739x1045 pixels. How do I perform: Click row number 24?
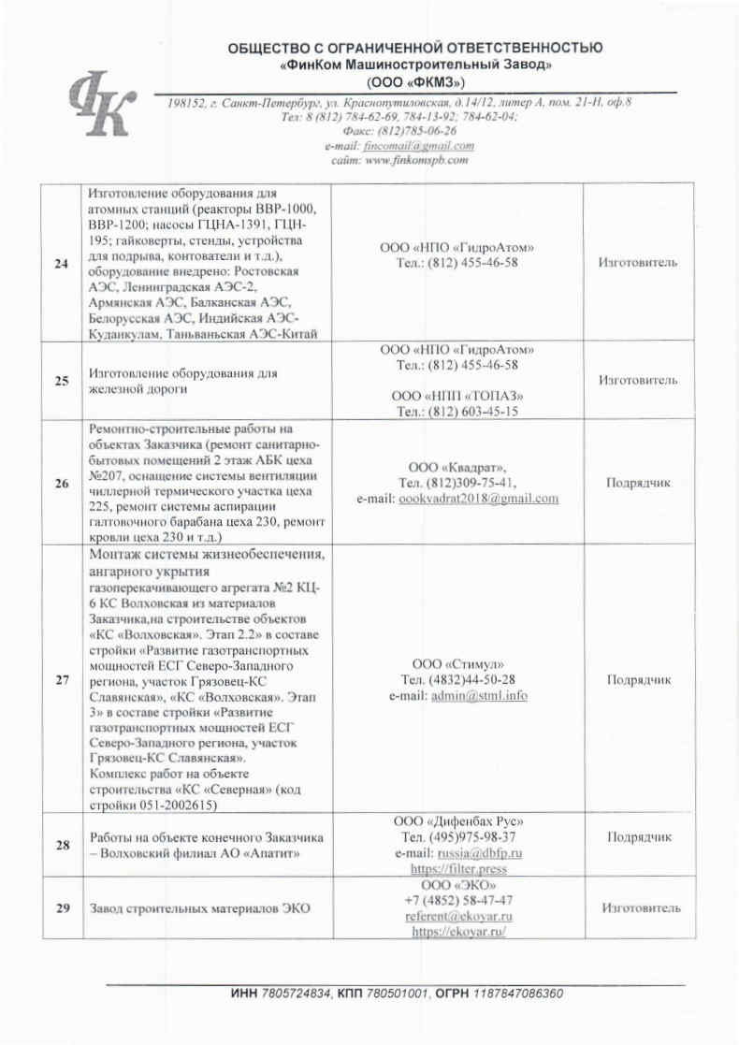pos(62,264)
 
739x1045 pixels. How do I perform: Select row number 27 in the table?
pos(62,680)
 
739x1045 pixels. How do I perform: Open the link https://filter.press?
pos(457,869)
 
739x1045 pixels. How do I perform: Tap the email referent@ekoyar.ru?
pos(457,917)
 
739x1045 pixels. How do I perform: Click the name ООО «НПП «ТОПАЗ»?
pos(457,395)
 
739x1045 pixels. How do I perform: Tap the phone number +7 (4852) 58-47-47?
pos(457,901)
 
